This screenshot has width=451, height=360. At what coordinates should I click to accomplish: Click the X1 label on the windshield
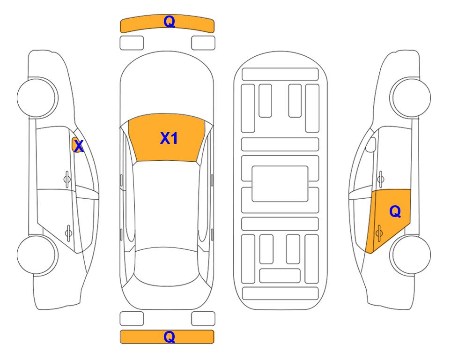tap(169, 138)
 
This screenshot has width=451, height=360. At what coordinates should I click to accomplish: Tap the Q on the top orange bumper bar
tap(169, 22)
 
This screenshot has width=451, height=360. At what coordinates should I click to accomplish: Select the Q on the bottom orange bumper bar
tap(169, 337)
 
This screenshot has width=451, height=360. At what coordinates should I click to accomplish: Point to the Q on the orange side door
tap(395, 212)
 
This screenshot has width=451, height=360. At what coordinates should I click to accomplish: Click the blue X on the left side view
tap(79, 146)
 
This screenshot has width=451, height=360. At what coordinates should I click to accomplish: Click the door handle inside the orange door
tap(380, 231)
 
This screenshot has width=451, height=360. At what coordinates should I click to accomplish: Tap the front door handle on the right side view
tap(380, 178)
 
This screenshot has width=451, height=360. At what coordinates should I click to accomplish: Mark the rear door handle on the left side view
tap(68, 231)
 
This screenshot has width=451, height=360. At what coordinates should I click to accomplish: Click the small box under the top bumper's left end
tap(132, 43)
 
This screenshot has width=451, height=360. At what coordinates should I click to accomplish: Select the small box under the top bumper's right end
tap(203, 43)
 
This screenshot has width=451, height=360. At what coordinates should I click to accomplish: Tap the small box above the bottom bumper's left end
tap(132, 319)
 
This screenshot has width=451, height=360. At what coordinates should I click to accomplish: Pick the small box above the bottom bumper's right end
tap(203, 319)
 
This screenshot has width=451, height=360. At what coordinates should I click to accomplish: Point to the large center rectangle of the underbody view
tap(280, 183)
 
